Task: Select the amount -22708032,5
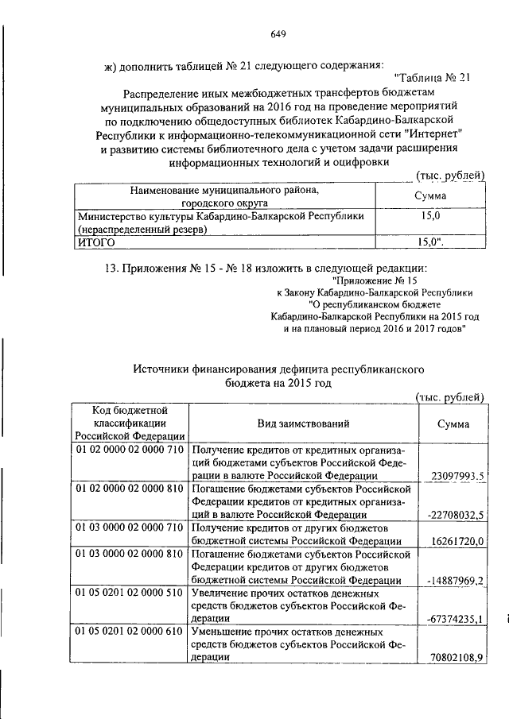[x=456, y=515]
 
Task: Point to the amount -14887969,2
[x=456, y=580]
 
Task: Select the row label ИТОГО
[x=95, y=242]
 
